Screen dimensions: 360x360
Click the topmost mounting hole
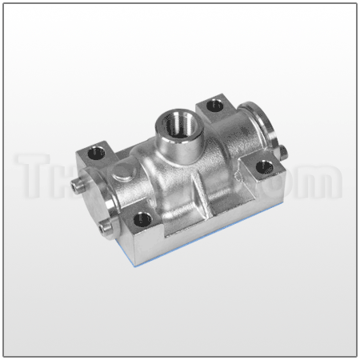(x=214, y=104)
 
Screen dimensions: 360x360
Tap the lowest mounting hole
(x=142, y=215)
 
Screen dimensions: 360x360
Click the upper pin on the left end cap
(x=76, y=185)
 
